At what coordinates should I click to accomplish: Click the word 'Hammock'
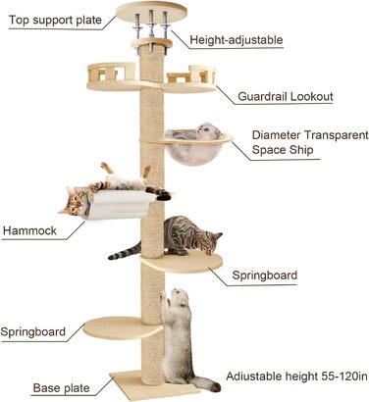coord(30,232)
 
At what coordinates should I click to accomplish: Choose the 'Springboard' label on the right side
coord(264,276)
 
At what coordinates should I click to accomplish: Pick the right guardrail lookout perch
coord(192,76)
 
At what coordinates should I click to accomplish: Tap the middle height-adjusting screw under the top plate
coord(152,26)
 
